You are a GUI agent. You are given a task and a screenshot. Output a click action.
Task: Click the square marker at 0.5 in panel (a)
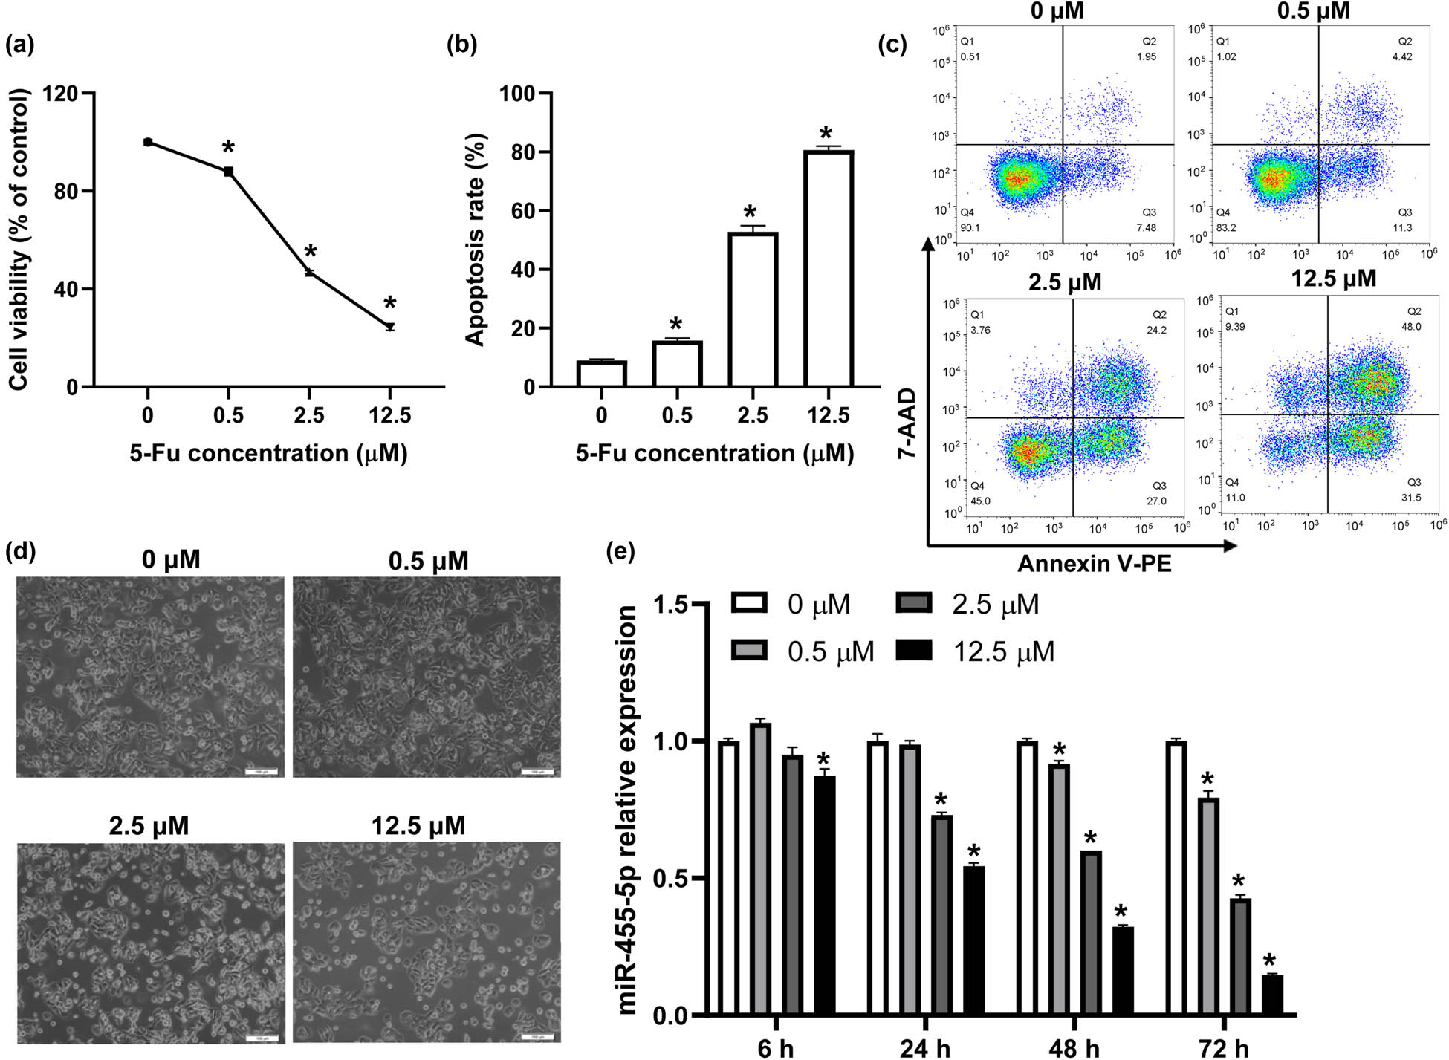click(229, 172)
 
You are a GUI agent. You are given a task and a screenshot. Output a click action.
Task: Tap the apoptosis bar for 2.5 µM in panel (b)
click(753, 310)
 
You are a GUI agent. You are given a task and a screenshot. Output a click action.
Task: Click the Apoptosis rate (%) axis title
click(475, 240)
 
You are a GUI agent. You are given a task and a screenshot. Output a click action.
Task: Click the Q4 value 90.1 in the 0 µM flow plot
click(970, 227)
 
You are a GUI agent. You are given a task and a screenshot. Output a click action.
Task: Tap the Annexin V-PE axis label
click(1094, 564)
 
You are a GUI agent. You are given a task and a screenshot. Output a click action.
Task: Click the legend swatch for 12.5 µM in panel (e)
click(914, 651)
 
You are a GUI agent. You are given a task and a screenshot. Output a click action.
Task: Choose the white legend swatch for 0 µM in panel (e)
click(749, 603)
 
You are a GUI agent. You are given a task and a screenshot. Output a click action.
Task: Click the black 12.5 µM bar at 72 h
click(1272, 995)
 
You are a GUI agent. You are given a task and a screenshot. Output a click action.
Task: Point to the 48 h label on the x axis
click(1074, 1048)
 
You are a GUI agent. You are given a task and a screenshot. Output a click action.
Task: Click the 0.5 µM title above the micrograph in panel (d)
click(428, 561)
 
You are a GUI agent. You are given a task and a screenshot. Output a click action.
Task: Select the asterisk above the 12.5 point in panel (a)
click(390, 303)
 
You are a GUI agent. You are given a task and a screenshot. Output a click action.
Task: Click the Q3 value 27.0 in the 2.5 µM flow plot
click(1156, 501)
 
